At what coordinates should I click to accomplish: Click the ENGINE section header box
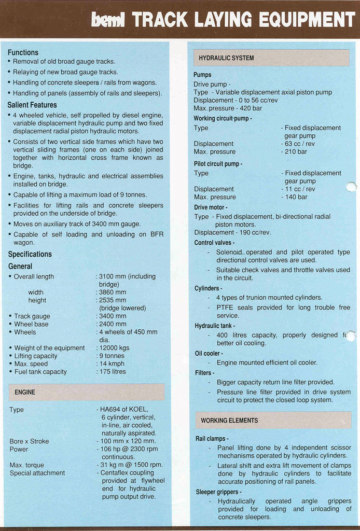(87, 392)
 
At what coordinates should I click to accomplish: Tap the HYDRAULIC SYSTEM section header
(271, 58)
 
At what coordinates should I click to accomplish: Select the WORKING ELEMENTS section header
(273, 420)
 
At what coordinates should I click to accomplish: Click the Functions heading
(23, 52)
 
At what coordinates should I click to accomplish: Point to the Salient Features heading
(32, 105)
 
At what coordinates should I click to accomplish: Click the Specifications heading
(30, 254)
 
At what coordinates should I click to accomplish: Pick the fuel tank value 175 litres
(112, 372)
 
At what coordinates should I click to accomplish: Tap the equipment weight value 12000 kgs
(114, 348)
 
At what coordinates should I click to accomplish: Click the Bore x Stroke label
(29, 441)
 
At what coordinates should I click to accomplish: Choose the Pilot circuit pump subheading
(218, 164)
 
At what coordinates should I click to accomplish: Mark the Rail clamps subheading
(212, 439)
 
